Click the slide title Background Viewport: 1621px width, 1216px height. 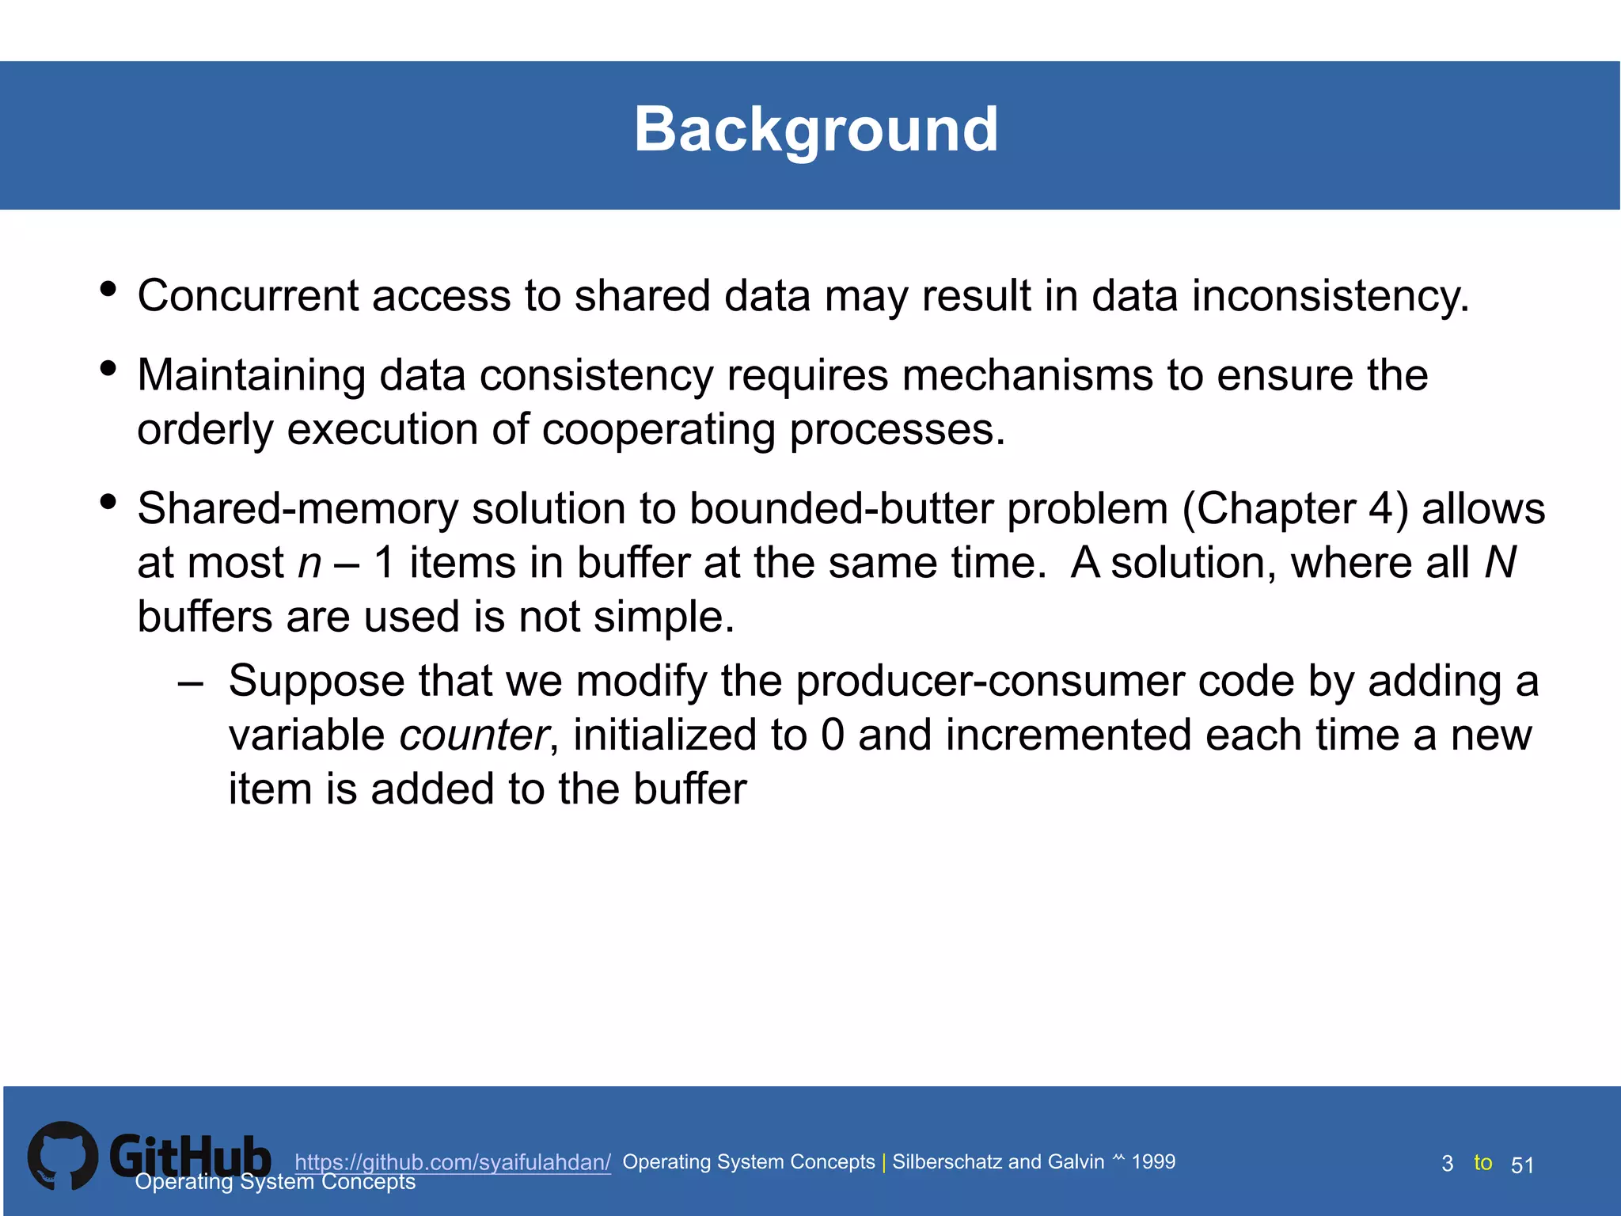tap(816, 130)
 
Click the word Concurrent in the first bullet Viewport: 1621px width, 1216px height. tap(248, 296)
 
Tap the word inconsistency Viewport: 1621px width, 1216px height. tap(1330, 296)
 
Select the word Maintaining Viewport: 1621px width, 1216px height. tap(251, 375)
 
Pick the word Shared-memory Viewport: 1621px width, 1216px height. tap(298, 508)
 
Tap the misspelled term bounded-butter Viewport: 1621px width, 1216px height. tap(841, 508)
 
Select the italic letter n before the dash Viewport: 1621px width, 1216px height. tap(309, 564)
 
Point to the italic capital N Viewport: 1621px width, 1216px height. tap(1500, 563)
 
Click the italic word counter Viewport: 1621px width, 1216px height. tap(473, 735)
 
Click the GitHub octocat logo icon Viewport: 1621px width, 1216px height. tap(63, 1156)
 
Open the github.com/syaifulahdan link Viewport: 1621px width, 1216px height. tap(453, 1162)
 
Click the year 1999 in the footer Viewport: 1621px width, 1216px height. tap(1153, 1161)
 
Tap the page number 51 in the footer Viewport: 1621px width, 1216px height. tap(1522, 1165)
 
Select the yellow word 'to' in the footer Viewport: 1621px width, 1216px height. tap(1482, 1162)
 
